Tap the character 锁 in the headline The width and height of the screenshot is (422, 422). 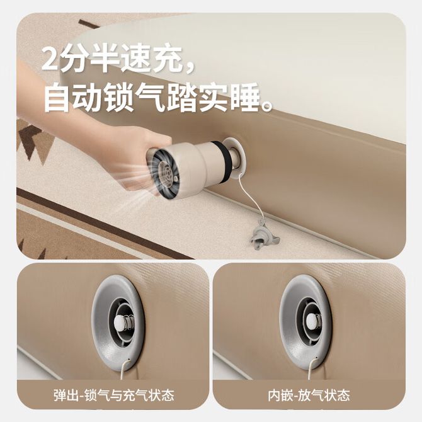[x=119, y=97]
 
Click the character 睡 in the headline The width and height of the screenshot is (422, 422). [x=245, y=97]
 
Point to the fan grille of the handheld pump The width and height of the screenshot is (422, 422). [x=162, y=172]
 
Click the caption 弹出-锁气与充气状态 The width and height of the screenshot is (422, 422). [x=114, y=396]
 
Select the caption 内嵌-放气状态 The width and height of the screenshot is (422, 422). [x=309, y=396]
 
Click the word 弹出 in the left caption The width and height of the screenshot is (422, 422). [x=67, y=396]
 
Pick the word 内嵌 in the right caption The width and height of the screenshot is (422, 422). [x=280, y=396]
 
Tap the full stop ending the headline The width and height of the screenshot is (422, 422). [x=267, y=106]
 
